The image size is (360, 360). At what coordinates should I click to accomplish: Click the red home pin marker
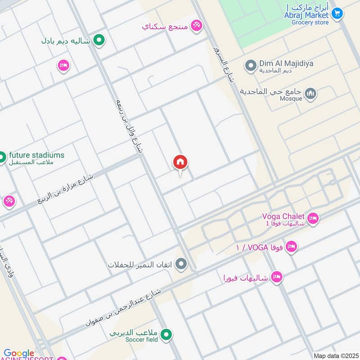tap(180, 162)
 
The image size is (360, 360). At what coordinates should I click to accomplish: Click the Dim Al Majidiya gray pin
tap(250, 67)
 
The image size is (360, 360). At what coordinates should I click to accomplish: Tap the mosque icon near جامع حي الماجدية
tap(310, 94)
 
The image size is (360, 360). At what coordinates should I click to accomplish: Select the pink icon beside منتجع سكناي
tap(196, 26)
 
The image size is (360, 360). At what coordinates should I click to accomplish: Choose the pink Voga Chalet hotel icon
tap(313, 219)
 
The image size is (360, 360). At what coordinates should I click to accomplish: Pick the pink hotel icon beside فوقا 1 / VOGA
tap(291, 247)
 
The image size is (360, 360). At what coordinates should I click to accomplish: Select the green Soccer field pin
tap(166, 335)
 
